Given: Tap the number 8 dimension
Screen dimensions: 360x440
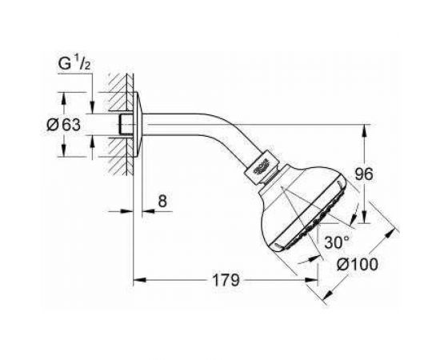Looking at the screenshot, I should (162, 202).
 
